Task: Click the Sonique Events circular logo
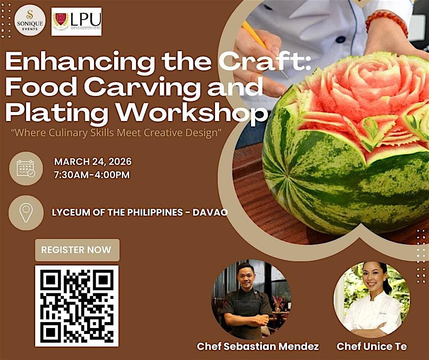click(x=30, y=21)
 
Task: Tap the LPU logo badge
click(x=77, y=21)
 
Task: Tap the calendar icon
click(x=26, y=168)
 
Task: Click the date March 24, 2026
click(x=93, y=162)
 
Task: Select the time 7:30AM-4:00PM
click(x=92, y=175)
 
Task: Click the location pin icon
click(x=26, y=212)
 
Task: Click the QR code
click(x=77, y=306)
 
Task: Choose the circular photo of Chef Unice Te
click(x=371, y=299)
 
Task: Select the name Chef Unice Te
click(x=371, y=347)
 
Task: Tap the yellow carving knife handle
click(x=254, y=34)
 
